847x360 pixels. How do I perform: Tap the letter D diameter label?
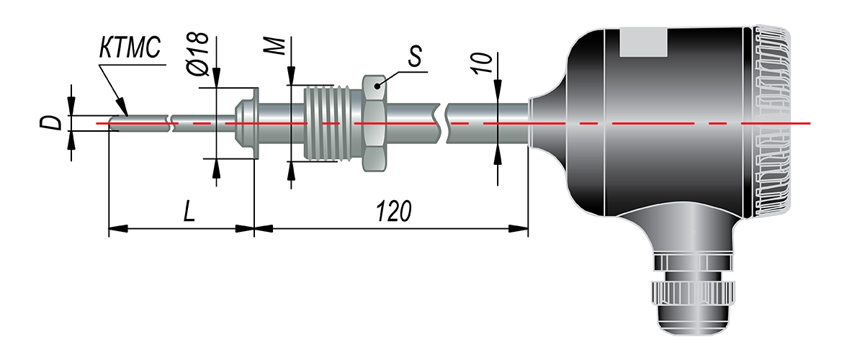click(50, 123)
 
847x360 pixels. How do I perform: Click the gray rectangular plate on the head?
click(644, 43)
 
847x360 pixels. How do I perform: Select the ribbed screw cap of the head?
click(774, 122)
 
